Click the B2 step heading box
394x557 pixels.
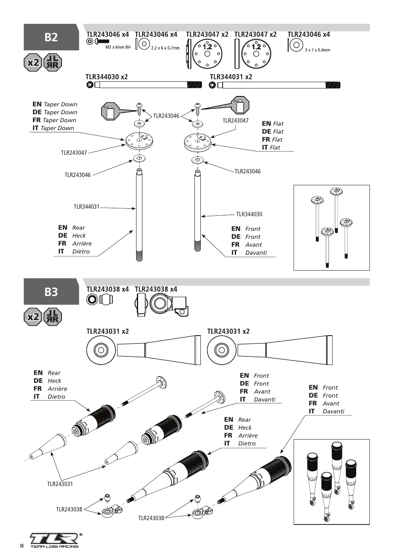pos(51,37)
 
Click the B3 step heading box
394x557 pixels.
pos(51,292)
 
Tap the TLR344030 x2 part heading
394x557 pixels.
pos(107,77)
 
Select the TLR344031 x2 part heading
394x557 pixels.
pos(231,77)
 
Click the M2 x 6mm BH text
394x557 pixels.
pos(118,47)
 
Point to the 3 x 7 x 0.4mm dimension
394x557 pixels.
pos(317,50)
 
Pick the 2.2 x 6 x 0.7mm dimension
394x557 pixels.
pos(165,48)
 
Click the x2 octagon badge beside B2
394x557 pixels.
pos(33,62)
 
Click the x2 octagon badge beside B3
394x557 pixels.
pos(33,317)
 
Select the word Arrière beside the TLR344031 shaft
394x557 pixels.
pos(82,244)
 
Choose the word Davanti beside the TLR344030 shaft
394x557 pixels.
pos(256,253)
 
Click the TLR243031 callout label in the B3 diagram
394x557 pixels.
pos(60,484)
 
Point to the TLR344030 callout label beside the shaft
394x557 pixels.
pos(249,214)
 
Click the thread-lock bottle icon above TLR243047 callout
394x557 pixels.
pos(240,106)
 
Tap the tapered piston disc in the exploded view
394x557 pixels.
pos(139,141)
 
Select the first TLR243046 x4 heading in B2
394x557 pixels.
pos(108,34)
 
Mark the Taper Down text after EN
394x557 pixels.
pos(60,104)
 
